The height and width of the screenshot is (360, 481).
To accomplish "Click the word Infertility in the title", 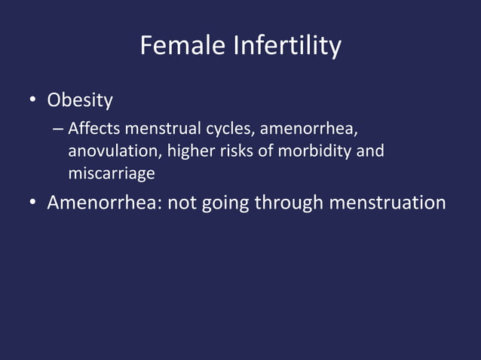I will pos(287,47).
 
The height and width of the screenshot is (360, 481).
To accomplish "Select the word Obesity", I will pos(80,99).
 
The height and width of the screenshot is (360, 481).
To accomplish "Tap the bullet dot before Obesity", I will pos(33,100).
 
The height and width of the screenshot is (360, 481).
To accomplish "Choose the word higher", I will pos(188,151).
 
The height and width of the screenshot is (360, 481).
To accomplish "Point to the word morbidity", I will pos(314,151).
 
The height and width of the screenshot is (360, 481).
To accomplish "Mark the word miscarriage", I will pos(112,173).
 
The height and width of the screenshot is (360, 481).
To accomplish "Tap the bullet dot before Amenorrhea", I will pos(33,203).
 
